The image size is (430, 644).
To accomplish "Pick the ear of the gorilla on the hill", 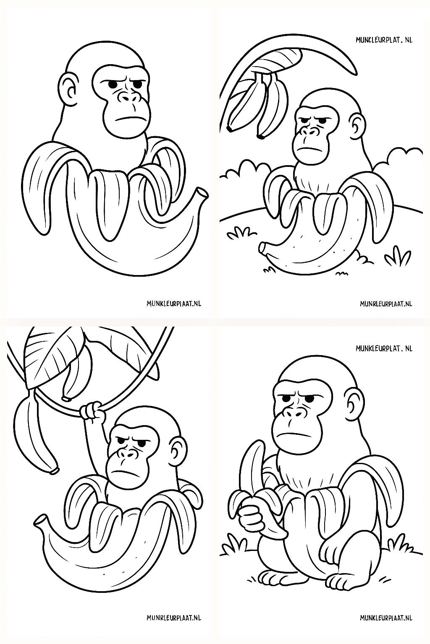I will click(x=357, y=125).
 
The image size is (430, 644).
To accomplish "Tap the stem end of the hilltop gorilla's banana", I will click(x=263, y=248).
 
